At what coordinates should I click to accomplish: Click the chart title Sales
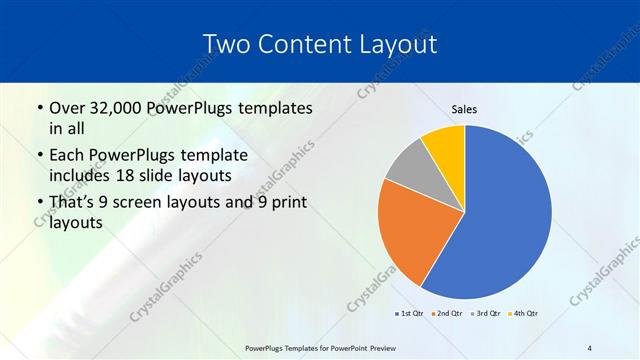pos(465,108)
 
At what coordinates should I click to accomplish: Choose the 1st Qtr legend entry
pos(410,314)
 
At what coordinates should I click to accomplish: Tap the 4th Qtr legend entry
pos(524,314)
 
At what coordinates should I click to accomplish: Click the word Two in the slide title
pos(227,44)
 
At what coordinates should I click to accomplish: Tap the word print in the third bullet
pos(285,204)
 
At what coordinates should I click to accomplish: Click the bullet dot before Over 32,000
pos(38,109)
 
